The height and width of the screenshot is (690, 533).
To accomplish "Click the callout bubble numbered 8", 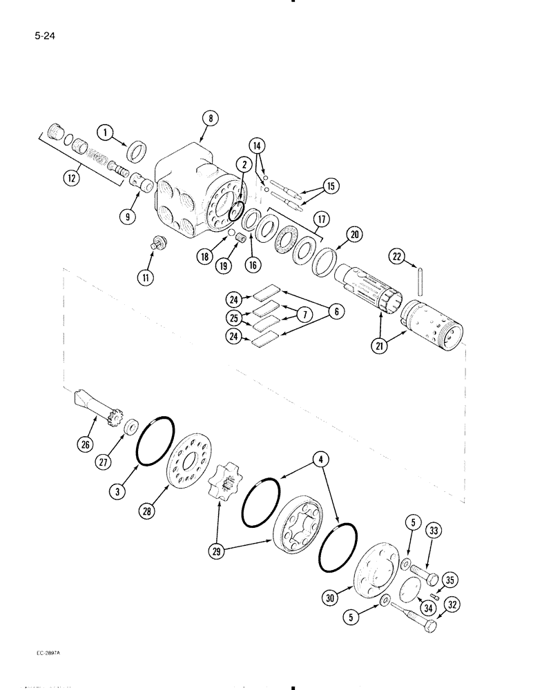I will coord(210,119).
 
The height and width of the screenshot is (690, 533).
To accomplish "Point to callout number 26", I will coord(86,444).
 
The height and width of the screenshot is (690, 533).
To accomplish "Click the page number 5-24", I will coord(43,31).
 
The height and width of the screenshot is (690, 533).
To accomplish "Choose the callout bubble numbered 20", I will coord(355,235).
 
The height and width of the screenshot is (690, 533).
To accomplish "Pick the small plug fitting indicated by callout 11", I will coord(159,243).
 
